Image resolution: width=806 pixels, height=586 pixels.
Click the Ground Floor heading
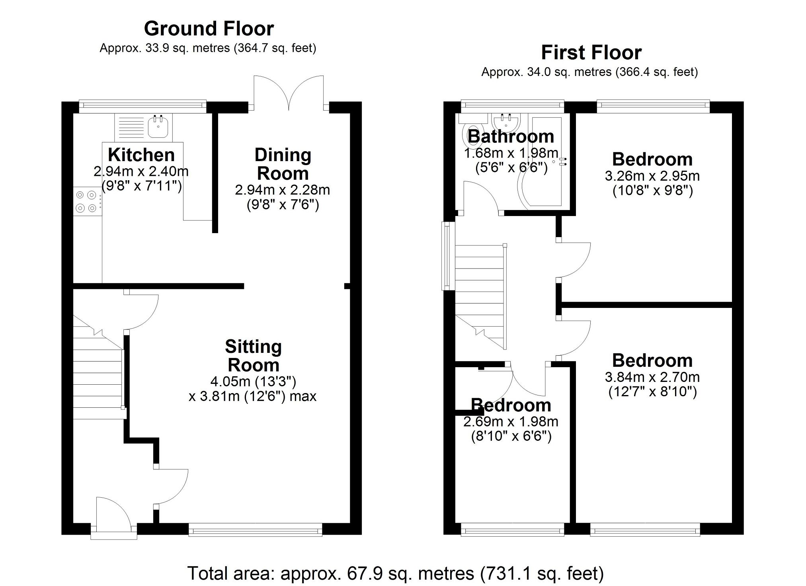(x=209, y=29)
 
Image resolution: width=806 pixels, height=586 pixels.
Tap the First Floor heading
(x=591, y=53)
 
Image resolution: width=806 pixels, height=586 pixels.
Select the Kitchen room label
(x=141, y=155)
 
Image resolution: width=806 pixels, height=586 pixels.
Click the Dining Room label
(x=283, y=164)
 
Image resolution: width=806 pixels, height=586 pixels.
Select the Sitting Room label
(x=253, y=356)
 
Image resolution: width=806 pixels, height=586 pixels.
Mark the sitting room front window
(x=255, y=530)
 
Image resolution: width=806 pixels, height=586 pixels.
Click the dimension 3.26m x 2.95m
(x=652, y=176)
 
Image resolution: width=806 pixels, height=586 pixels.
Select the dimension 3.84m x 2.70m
(x=652, y=377)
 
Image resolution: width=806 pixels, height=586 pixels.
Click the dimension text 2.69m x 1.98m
(x=511, y=421)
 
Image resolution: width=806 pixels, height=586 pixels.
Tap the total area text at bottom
(x=395, y=573)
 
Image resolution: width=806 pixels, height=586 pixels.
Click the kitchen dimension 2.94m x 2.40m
(x=141, y=171)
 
